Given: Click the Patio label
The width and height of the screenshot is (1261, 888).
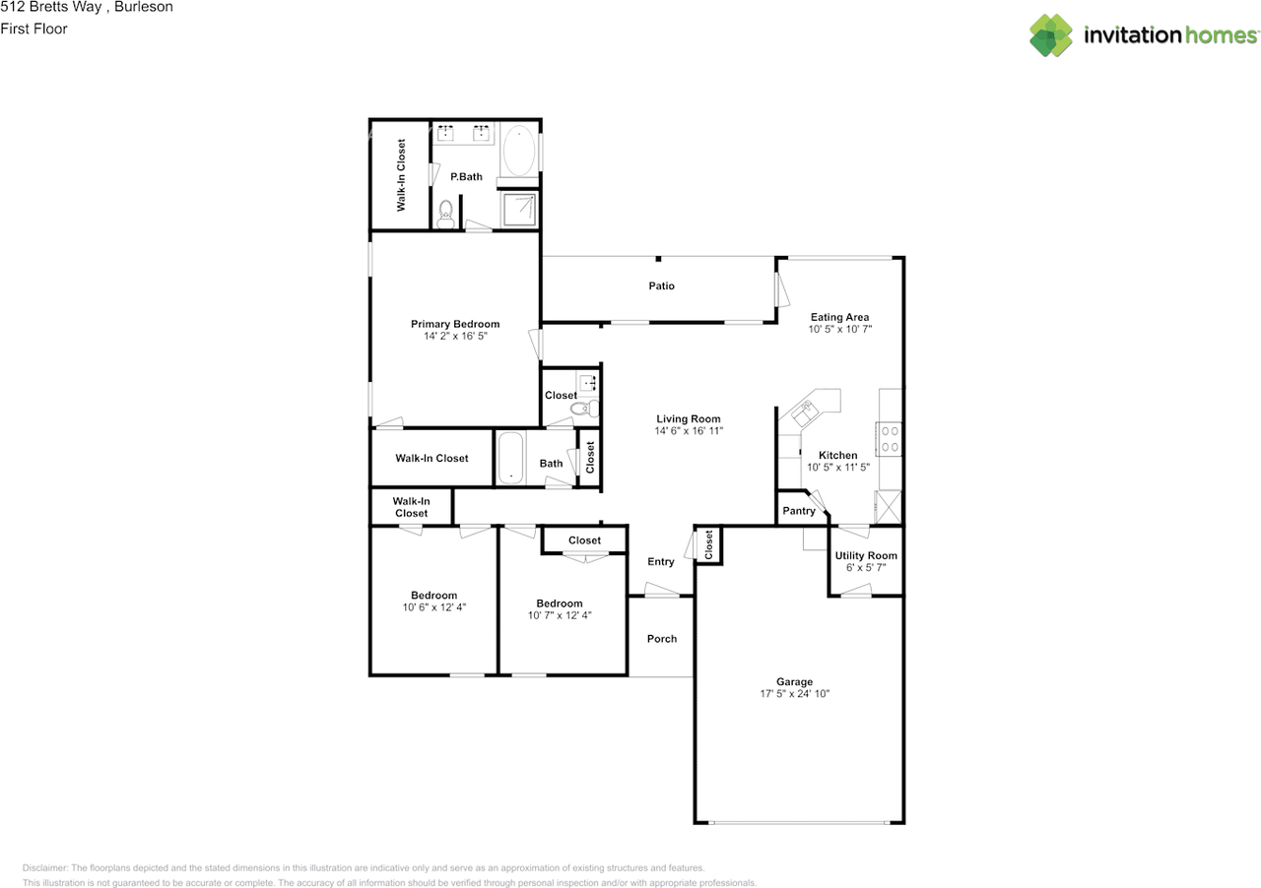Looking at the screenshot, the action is [x=661, y=285].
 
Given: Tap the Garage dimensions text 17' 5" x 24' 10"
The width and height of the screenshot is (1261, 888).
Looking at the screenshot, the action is [x=794, y=693].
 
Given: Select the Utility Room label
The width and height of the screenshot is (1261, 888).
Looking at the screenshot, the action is [x=866, y=555].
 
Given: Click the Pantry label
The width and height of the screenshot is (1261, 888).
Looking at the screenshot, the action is [x=798, y=511].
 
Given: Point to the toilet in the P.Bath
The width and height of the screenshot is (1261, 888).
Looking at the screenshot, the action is [x=445, y=215].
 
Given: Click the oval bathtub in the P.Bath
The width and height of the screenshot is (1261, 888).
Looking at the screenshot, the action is [x=518, y=151].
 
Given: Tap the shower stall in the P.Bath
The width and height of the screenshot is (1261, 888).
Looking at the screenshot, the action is [x=519, y=210].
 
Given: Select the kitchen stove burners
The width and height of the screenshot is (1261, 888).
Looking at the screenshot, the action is [x=890, y=439].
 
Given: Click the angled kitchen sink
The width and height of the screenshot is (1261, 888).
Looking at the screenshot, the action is [x=803, y=413].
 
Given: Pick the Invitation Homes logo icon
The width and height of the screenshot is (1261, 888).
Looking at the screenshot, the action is [x=1050, y=34].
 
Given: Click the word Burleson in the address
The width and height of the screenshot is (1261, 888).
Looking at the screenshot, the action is [x=144, y=7].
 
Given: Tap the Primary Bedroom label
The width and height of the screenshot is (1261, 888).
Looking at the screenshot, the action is [x=455, y=324].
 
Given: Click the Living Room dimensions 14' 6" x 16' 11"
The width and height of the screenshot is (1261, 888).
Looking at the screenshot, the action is [x=689, y=431].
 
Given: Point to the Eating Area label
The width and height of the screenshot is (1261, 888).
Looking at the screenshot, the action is [x=839, y=317].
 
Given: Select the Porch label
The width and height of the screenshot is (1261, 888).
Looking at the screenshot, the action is [x=661, y=639].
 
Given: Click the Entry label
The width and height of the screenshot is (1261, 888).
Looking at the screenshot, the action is [x=660, y=561].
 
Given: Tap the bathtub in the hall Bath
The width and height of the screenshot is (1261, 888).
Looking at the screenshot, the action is [x=510, y=458].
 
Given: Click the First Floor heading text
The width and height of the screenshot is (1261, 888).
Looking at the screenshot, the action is [x=33, y=29].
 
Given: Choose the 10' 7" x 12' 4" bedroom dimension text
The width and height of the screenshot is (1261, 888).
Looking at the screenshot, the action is [x=559, y=615].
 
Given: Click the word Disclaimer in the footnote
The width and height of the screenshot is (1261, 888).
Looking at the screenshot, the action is [x=45, y=867].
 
